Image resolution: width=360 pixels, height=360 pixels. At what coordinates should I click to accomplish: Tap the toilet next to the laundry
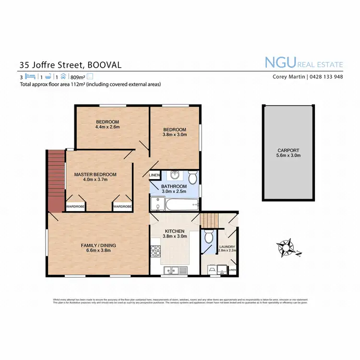tap(208, 237)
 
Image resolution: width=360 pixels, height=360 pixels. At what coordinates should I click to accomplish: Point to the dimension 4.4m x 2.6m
tap(107, 127)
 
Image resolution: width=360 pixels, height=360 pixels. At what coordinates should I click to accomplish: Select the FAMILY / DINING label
tap(98, 245)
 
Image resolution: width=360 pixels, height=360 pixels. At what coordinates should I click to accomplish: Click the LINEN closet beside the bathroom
tap(155, 175)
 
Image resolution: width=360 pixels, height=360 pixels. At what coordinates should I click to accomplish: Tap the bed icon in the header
tap(30, 76)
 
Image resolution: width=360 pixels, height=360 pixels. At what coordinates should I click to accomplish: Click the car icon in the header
tap(63, 76)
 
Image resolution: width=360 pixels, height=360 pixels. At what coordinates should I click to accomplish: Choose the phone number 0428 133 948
tap(325, 77)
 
